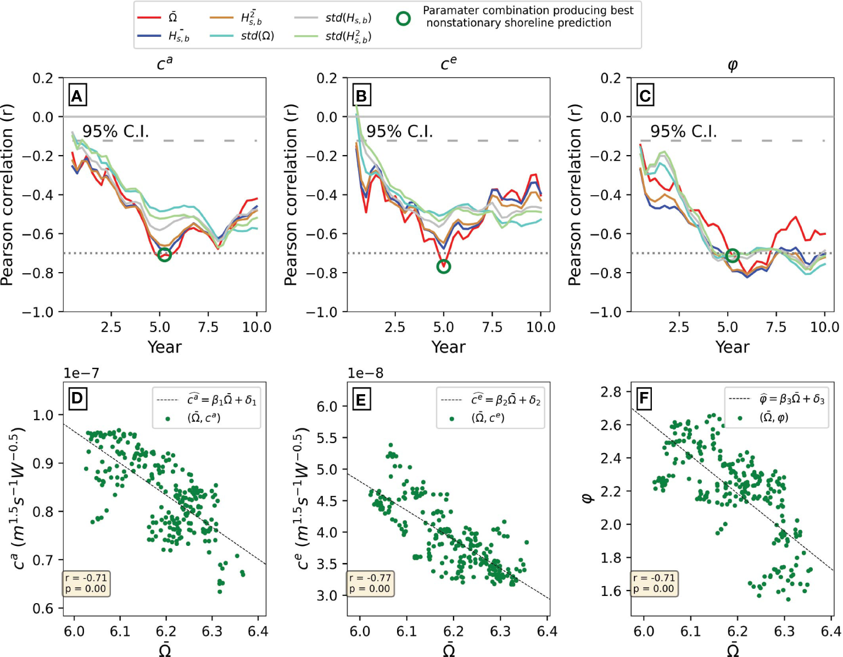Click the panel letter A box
pyautogui.click(x=77, y=96)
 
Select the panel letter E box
pyautogui.click(x=361, y=399)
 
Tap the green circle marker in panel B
pyautogui.click(x=444, y=267)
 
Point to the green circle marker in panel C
pyautogui.click(x=732, y=256)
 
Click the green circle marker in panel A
pyautogui.click(x=164, y=255)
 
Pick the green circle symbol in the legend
pyautogui.click(x=404, y=19)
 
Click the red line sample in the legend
pyautogui.click(x=148, y=18)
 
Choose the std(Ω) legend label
pyautogui.click(x=257, y=36)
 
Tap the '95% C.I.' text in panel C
pyautogui.click(x=683, y=131)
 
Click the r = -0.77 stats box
pyautogui.click(x=371, y=583)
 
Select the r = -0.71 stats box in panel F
pyautogui.click(x=654, y=583)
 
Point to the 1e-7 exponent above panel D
pyautogui.click(x=81, y=373)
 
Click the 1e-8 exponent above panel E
pyautogui.click(x=365, y=373)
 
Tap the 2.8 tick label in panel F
pyautogui.click(x=611, y=392)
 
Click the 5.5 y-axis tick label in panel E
pyautogui.click(x=327, y=438)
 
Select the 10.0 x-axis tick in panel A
pyautogui.click(x=256, y=328)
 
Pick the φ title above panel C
pyautogui.click(x=732, y=65)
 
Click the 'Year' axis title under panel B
pyautogui.click(x=448, y=347)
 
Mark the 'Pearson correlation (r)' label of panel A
pyautogui.click(x=7, y=195)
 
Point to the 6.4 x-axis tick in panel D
pyautogui.click(x=258, y=631)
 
